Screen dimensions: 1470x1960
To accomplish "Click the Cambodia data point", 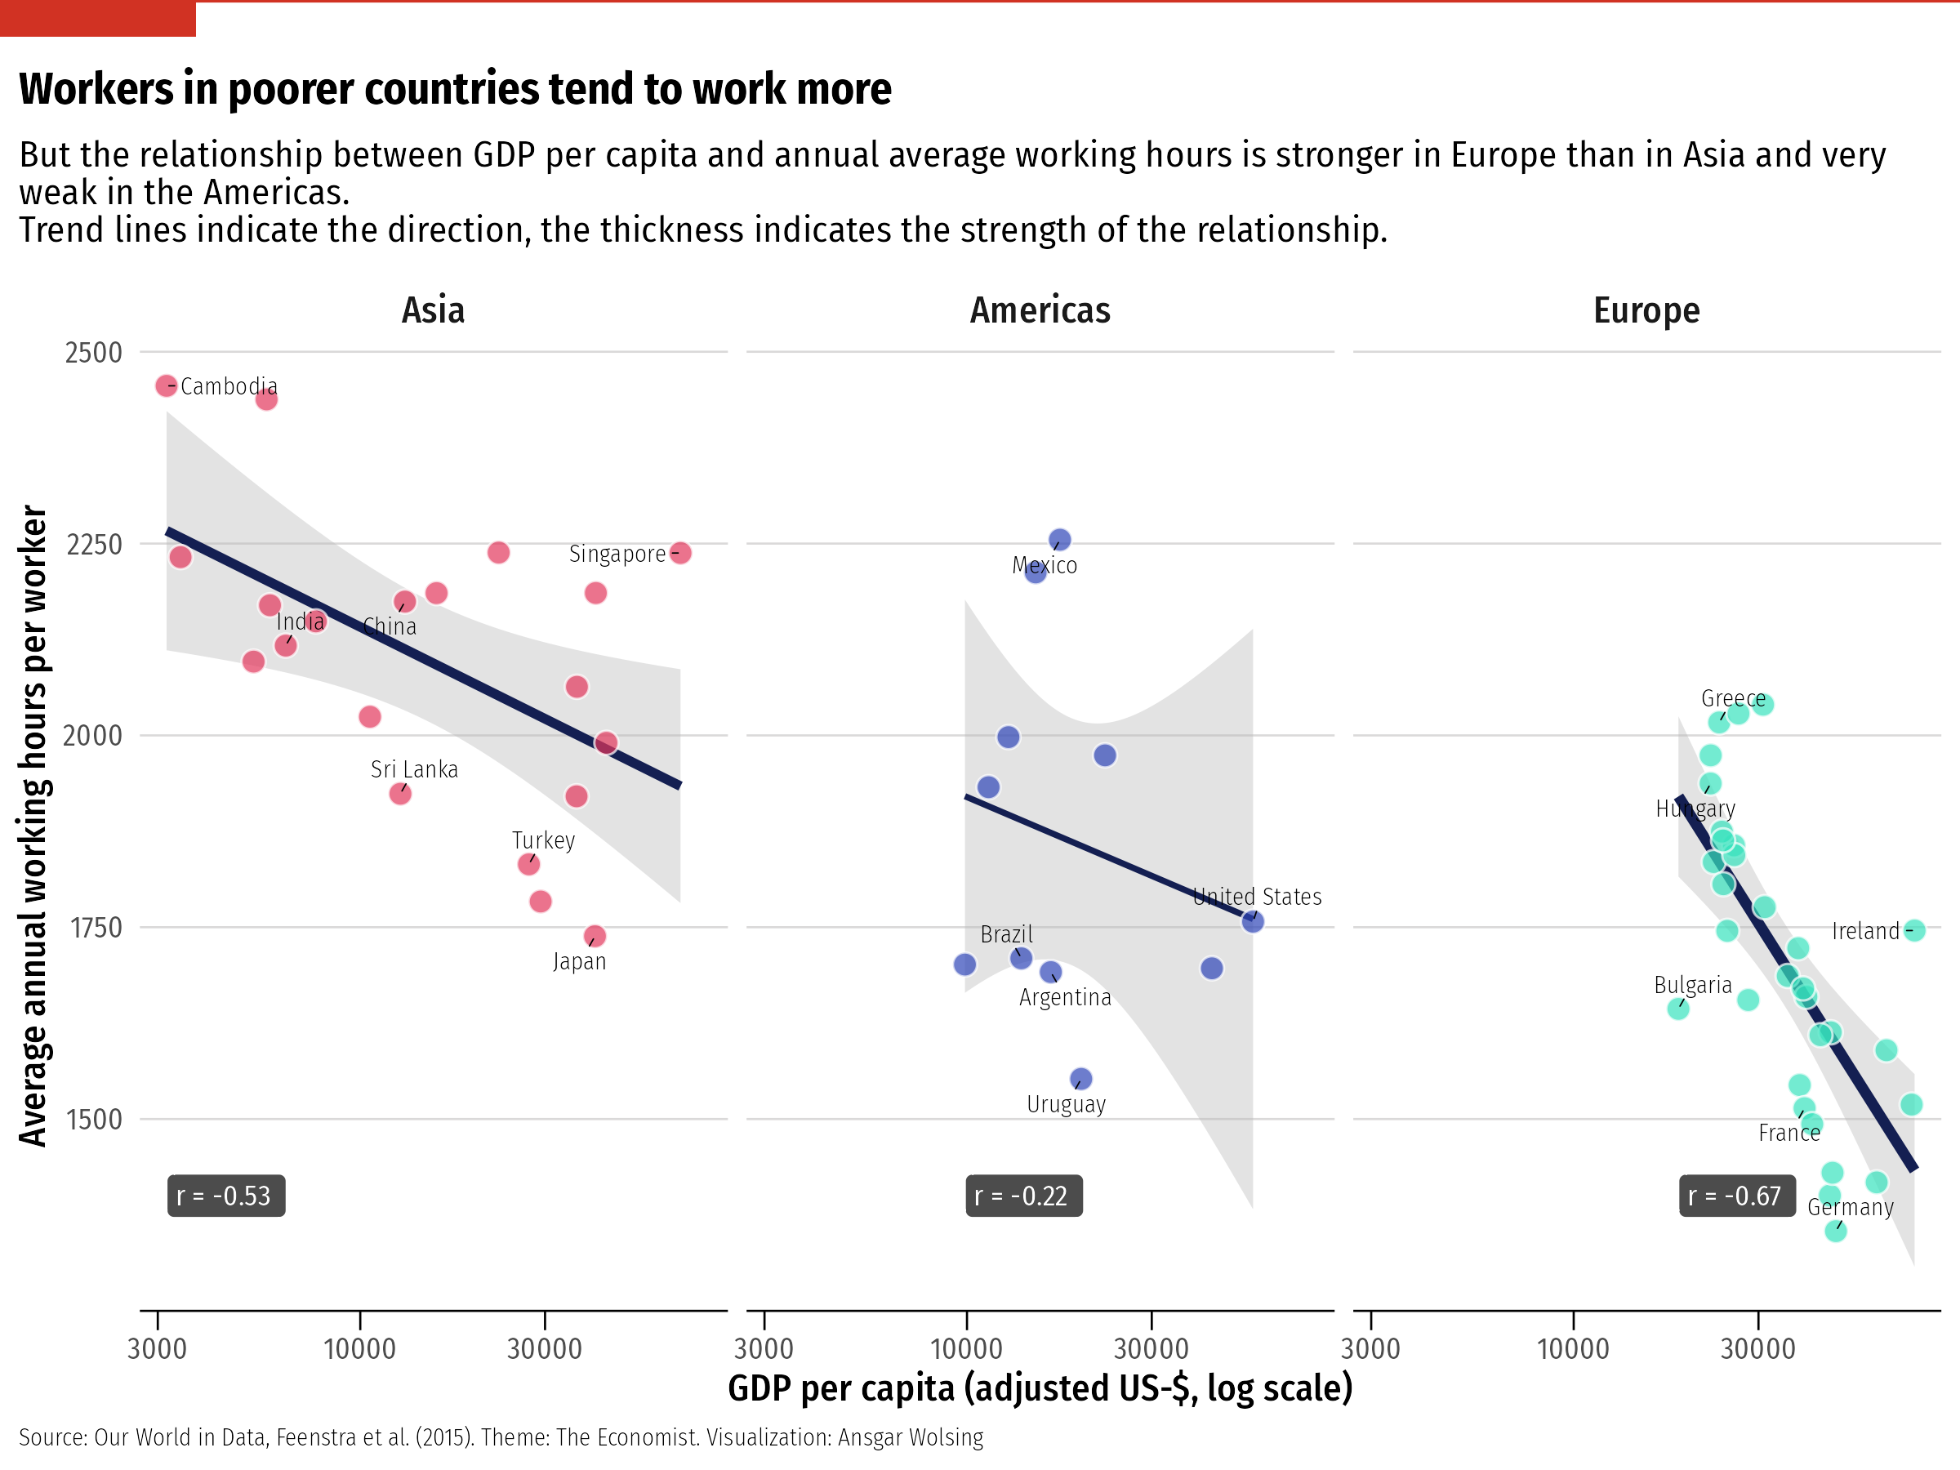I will click(x=166, y=385).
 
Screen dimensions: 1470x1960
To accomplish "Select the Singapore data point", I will click(x=679, y=553).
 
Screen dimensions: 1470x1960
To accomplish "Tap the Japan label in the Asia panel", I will click(x=580, y=961).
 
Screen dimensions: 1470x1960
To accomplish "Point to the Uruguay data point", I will click(x=1081, y=1078).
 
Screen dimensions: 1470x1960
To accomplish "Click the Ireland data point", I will click(x=1914, y=930).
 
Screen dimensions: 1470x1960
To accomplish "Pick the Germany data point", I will click(x=1835, y=1230).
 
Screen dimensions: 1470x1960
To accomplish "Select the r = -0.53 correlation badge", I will click(x=226, y=1196).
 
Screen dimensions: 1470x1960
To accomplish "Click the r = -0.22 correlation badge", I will click(x=1023, y=1196).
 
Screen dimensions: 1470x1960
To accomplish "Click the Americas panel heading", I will click(x=1040, y=310).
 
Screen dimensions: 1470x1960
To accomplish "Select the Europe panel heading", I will click(x=1646, y=310).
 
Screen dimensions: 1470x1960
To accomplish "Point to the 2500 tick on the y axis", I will click(x=93, y=353).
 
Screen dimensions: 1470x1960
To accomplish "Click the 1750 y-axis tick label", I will click(x=95, y=928).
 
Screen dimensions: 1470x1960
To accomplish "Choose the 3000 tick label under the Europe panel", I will click(x=1370, y=1348).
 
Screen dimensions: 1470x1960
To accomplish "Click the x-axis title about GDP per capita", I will click(x=1040, y=1388).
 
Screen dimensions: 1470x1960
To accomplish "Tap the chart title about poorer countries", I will click(x=455, y=88).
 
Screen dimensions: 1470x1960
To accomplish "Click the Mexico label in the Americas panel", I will click(x=1045, y=565).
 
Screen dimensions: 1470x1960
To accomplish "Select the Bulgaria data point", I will click(x=1677, y=1008).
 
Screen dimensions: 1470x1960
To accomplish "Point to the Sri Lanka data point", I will click(x=399, y=793).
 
